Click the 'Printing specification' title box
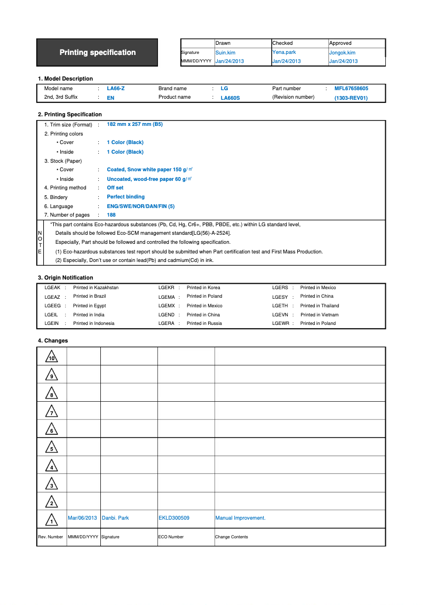point(97,52)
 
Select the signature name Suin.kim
point(225,53)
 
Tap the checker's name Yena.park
point(284,52)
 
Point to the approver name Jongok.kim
point(342,53)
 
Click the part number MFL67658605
point(351,89)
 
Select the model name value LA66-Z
point(116,89)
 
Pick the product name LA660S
point(230,98)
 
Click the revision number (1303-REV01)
point(351,98)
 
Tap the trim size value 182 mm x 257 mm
point(134,124)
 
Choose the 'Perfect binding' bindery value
point(125,197)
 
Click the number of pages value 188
point(111,215)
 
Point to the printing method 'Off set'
point(115,188)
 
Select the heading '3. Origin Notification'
point(65,278)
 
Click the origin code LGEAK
point(52,288)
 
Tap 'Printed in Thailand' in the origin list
point(320,306)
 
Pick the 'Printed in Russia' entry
point(204,323)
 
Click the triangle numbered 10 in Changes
point(52,356)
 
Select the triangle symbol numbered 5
point(52,447)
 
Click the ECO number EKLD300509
point(174,518)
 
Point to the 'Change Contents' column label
point(232,537)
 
